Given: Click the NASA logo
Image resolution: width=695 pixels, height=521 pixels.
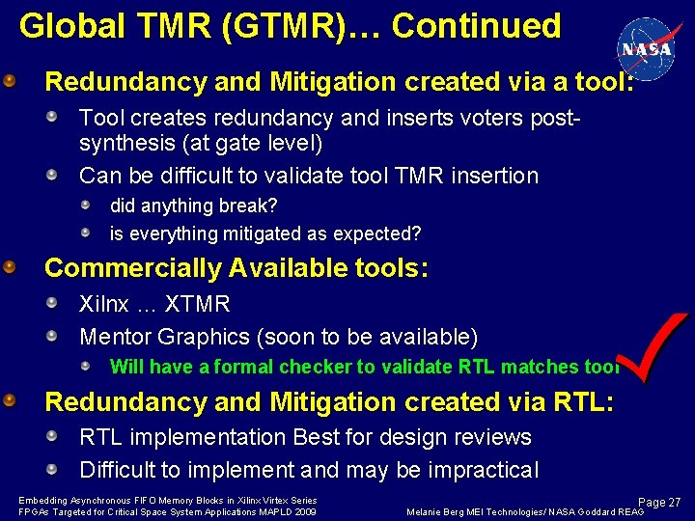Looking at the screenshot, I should tap(648, 48).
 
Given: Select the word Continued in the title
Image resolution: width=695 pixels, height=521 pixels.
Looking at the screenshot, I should tap(476, 25).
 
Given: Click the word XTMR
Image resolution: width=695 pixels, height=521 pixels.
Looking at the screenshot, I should tap(197, 305).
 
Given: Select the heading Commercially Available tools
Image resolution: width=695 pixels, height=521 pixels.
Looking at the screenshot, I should tap(236, 268).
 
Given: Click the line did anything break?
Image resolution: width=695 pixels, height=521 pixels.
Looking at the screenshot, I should tap(194, 206).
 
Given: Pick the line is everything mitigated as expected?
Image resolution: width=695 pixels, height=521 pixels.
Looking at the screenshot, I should tap(265, 233).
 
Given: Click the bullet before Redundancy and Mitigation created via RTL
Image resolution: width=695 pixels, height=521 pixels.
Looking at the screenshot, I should tap(9, 399).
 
